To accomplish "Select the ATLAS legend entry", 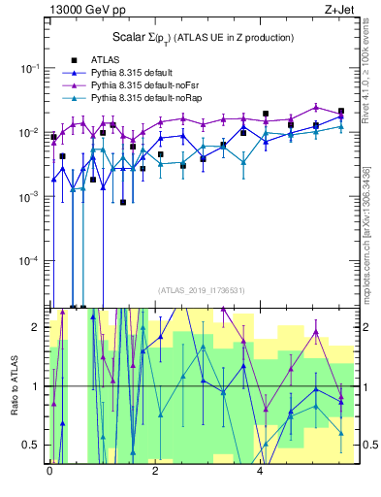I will (106, 60).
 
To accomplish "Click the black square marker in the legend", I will (74, 60).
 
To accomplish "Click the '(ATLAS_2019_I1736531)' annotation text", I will (201, 289).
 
